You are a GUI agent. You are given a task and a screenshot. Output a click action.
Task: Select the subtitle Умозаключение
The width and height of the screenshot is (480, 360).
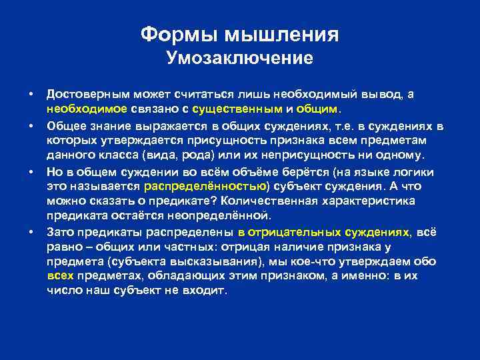(x=239, y=59)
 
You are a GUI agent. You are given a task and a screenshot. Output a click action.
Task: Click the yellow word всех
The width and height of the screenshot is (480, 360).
(x=61, y=277)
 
